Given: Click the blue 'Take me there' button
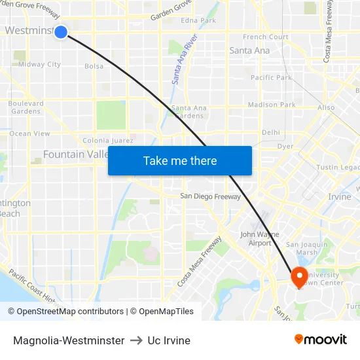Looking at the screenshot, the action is pyautogui.click(x=180, y=160).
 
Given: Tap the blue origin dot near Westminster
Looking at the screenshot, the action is pyautogui.click(x=61, y=31).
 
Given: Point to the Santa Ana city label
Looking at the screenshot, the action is pyautogui.click(x=249, y=50).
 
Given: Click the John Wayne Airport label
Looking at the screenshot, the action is pyautogui.click(x=259, y=238).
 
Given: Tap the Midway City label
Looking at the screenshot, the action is pyautogui.click(x=39, y=64).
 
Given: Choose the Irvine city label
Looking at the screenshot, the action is pyautogui.click(x=340, y=196).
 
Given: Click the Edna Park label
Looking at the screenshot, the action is pyautogui.click(x=198, y=20).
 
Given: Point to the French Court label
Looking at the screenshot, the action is pyautogui.click(x=266, y=37).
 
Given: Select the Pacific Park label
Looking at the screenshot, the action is pyautogui.click(x=271, y=77).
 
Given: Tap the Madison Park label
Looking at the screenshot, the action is pyautogui.click(x=272, y=105).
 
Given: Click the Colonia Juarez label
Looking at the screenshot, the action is pyautogui.click(x=108, y=141).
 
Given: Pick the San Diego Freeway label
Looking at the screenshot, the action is pyautogui.click(x=211, y=196).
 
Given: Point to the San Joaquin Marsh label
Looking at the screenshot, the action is pyautogui.click(x=306, y=248).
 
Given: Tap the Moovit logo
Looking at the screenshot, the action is pyautogui.click(x=320, y=340).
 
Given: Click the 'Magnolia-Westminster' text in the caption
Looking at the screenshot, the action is pyautogui.click(x=69, y=340).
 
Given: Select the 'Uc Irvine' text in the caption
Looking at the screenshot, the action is pyautogui.click(x=169, y=340).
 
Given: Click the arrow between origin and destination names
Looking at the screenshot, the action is pyautogui.click(x=136, y=340).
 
